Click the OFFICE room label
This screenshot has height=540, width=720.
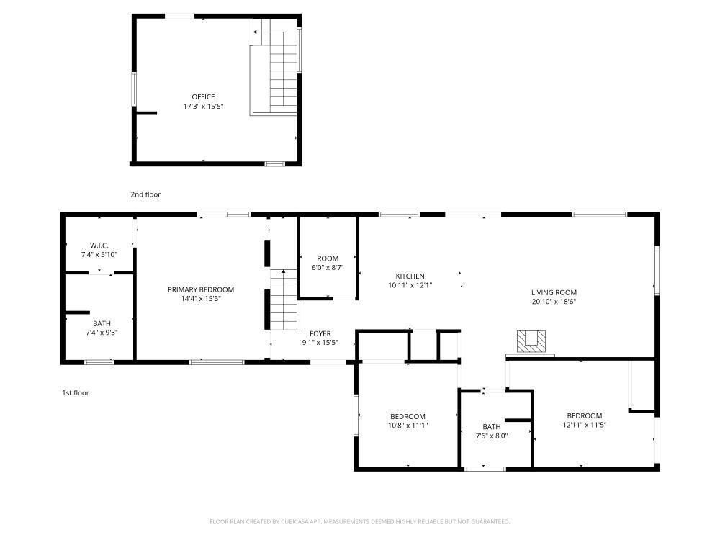pos(203,97)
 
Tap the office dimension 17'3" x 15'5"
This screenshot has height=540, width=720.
pos(203,107)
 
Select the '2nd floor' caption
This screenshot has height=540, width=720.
pos(145,194)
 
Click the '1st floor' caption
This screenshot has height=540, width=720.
pos(75,393)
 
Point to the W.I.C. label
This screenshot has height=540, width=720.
pos(99,246)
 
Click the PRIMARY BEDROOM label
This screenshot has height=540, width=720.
pos(201,289)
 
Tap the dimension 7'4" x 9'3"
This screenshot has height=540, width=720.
pos(101,333)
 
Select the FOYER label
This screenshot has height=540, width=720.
pos(320,333)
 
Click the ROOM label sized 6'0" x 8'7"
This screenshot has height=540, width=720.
pos(328,258)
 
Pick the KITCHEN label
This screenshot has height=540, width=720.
pos(410,276)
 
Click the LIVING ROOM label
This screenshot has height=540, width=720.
pos(554,292)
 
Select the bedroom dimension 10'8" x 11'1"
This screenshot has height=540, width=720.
pos(408,426)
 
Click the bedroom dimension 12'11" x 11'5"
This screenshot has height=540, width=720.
pos(584,425)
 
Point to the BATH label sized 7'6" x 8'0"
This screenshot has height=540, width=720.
pos(492,426)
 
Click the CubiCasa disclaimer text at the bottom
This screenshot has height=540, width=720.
pos(360,521)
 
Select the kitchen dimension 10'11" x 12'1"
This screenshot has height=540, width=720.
pos(410,285)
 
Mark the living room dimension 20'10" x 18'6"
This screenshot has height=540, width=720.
pos(554,302)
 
